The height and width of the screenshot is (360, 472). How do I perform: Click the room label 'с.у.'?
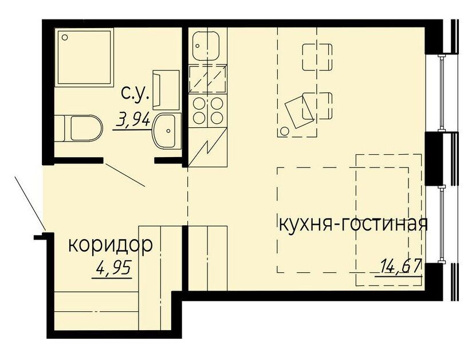pyautogui.click(x=135, y=93)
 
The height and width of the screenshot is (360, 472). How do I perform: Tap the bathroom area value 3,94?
pyautogui.click(x=133, y=120)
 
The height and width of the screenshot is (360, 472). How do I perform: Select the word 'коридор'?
pyautogui.click(x=110, y=245)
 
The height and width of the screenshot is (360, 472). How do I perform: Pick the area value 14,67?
pyautogui.click(x=400, y=265)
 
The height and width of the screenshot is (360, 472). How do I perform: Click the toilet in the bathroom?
pyautogui.click(x=79, y=128)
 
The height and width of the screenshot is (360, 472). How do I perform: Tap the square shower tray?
pyautogui.click(x=84, y=57)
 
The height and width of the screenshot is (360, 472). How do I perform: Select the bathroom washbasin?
pyautogui.click(x=166, y=131)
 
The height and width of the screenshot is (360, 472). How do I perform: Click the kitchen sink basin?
pyautogui.click(x=206, y=46)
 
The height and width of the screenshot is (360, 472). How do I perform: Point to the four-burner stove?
pyautogui.click(x=207, y=110)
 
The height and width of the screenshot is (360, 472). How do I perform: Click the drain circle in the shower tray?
pyautogui.click(x=64, y=37)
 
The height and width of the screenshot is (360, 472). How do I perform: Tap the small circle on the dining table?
pyautogui.click(x=284, y=131)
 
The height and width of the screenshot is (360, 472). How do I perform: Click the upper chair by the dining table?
pyautogui.click(x=317, y=57)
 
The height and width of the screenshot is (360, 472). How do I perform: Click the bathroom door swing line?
pyautogui.click(x=125, y=175)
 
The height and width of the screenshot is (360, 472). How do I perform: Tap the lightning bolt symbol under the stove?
pyautogui.click(x=207, y=147)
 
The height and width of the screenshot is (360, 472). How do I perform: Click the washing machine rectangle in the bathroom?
pyautogui.click(x=166, y=91)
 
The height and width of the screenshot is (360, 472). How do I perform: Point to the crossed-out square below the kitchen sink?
pyautogui.click(x=207, y=79)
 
